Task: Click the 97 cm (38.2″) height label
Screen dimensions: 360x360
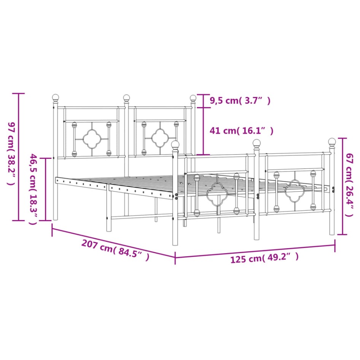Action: (x=10, y=154)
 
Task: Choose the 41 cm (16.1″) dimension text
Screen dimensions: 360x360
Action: (x=241, y=131)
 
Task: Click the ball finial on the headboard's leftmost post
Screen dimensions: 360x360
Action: (x=56, y=98)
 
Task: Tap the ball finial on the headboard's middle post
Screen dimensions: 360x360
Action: (x=126, y=98)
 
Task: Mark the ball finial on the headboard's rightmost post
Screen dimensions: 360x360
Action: (x=193, y=98)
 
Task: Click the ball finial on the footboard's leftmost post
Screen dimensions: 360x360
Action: (x=175, y=144)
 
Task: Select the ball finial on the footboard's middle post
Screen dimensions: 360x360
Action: (x=257, y=144)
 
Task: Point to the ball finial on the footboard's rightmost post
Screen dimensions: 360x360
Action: (x=332, y=143)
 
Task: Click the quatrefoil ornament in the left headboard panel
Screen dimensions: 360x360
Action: (x=91, y=138)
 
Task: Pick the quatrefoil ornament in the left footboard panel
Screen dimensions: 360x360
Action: (x=216, y=194)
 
